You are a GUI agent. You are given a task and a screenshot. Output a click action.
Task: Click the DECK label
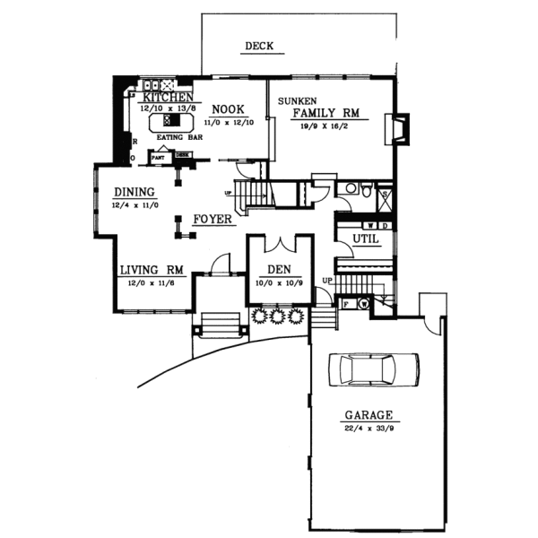(x=258, y=47)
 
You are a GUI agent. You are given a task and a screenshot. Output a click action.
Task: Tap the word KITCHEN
(x=164, y=96)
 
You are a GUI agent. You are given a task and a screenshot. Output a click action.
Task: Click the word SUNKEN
(x=296, y=100)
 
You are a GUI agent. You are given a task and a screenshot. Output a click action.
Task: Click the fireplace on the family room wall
(x=396, y=128)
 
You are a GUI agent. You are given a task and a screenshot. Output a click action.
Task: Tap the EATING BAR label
(x=176, y=137)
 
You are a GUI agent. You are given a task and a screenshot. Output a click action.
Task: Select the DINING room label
(x=134, y=192)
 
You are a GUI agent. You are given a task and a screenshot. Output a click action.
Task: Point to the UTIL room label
(x=365, y=239)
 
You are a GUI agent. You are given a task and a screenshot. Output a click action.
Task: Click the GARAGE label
(x=369, y=416)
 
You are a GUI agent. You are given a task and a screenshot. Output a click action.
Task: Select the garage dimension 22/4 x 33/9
(x=369, y=429)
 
